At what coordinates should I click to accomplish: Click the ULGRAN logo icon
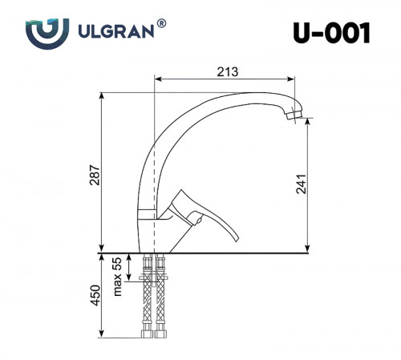pos(42,33)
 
